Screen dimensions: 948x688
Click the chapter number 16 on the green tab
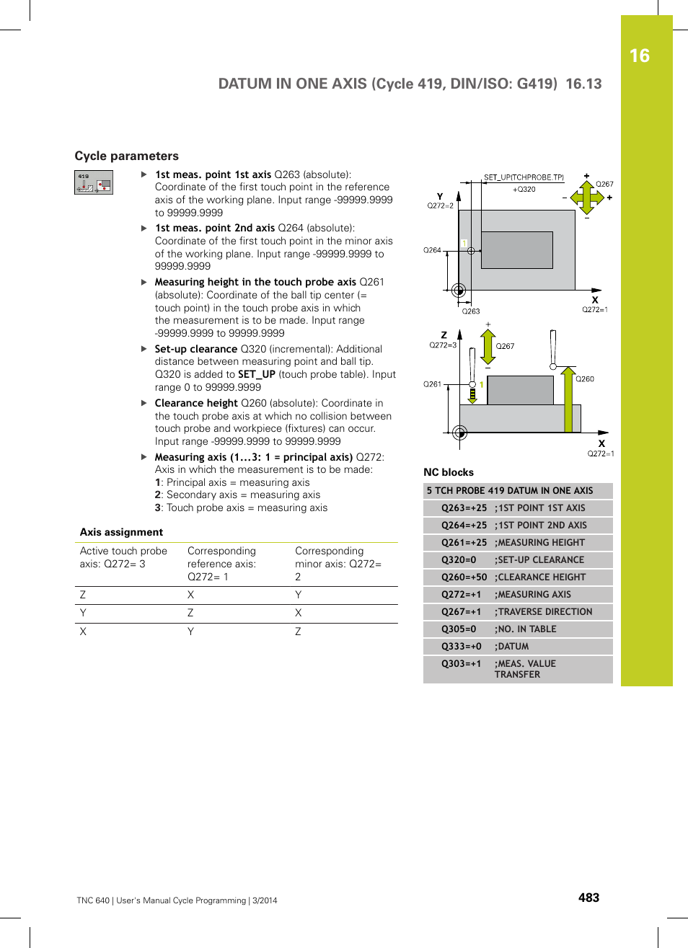[639, 56]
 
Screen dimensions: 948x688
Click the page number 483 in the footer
[588, 898]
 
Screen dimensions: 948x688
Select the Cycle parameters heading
[126, 156]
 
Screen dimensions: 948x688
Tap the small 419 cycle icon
[94, 182]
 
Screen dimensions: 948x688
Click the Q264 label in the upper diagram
[432, 250]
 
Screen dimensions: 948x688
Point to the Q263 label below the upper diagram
[471, 311]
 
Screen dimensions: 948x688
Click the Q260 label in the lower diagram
[585, 378]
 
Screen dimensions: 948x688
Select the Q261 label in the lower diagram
[432, 384]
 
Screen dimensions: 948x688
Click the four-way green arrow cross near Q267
[587, 197]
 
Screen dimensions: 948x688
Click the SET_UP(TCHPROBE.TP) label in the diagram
[524, 177]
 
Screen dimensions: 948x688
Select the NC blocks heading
[449, 472]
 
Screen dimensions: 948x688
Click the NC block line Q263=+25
[464, 508]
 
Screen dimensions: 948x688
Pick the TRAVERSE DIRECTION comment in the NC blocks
[544, 611]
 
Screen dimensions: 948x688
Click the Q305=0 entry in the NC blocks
[459, 629]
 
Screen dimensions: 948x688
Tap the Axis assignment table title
[121, 532]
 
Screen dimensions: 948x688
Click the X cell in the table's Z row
[190, 595]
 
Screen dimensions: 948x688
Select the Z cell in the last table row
[298, 632]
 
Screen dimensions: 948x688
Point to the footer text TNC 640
[93, 900]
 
